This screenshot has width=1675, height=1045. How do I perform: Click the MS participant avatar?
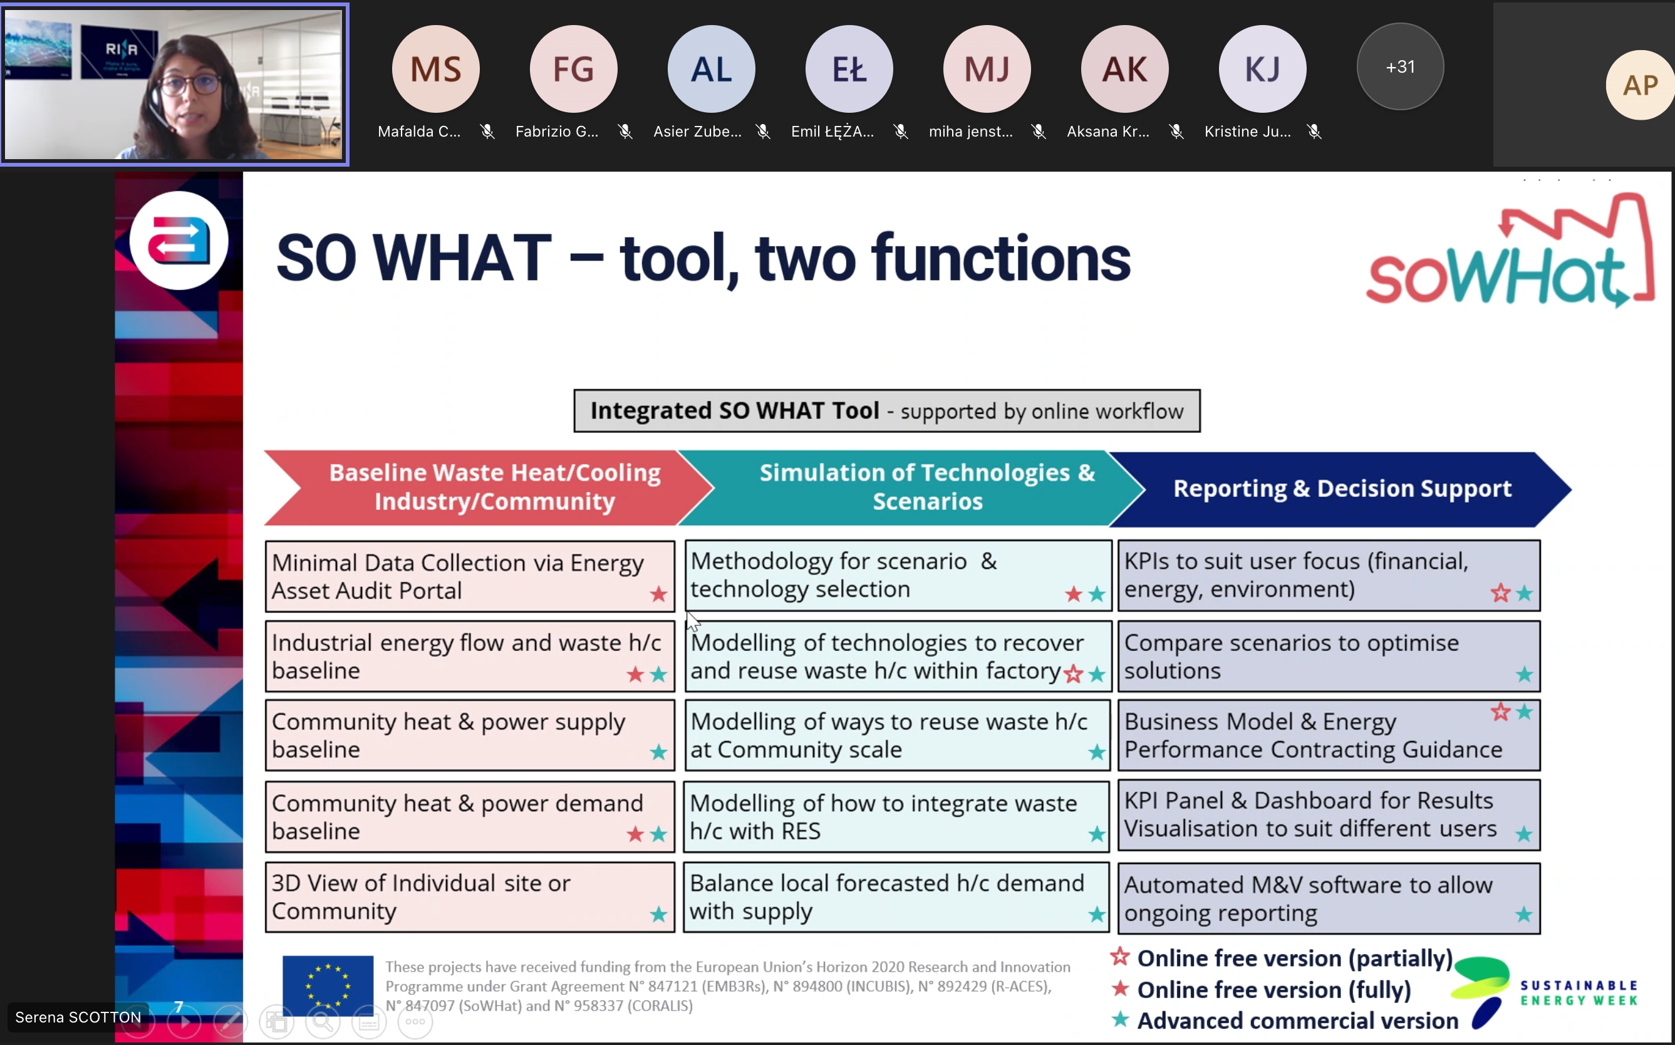pos(435,68)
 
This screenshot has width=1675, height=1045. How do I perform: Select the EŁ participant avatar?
pos(849,68)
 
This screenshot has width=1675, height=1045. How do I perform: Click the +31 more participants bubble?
pos(1400,66)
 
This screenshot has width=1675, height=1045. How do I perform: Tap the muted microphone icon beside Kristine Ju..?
pos(1314,132)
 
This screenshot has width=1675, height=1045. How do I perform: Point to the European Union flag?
pos(328,984)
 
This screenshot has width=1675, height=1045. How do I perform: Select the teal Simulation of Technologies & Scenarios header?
pos(912,487)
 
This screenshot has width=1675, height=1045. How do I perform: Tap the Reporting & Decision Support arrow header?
pos(1341,489)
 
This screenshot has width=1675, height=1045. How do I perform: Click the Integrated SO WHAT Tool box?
pos(886,410)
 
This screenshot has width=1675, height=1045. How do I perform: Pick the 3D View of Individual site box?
pos(470,897)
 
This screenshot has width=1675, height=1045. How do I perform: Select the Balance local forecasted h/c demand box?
pos(896,897)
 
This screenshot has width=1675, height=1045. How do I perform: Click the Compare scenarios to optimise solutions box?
pos(1328,656)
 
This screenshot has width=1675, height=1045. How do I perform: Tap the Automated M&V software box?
pos(1328,898)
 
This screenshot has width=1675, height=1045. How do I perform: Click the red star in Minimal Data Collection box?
pos(658,594)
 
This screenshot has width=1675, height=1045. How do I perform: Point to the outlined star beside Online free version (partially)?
pos(1119,957)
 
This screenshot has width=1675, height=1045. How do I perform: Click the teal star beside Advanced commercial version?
pos(1120,1019)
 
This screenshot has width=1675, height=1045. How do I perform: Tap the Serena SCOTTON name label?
pos(78,1017)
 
